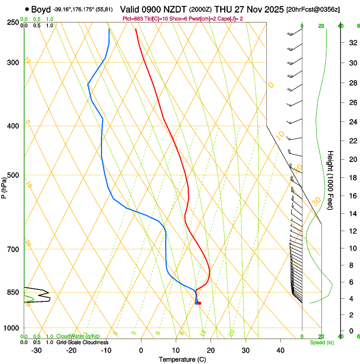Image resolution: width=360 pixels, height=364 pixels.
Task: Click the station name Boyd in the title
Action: tap(41, 9)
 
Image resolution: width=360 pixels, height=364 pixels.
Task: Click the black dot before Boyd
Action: tap(27, 9)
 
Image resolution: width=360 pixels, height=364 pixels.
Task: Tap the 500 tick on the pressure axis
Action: tap(14, 175)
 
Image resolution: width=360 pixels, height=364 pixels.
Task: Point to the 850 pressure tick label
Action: tap(14, 292)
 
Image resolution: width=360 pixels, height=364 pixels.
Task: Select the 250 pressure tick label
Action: tap(14, 22)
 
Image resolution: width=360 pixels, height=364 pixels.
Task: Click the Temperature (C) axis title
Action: tap(182, 359)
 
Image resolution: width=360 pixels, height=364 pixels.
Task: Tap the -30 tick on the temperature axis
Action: tap(36, 350)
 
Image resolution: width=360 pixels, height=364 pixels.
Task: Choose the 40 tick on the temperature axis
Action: tap(280, 350)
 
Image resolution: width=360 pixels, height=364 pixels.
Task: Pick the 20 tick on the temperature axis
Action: tap(210, 350)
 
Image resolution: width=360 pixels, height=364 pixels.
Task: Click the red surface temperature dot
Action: tap(199, 303)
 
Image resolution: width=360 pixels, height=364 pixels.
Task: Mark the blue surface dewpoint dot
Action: tap(196, 303)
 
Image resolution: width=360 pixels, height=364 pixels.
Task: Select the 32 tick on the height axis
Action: tap(352, 43)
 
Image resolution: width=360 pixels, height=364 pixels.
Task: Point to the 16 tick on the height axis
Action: tap(352, 196)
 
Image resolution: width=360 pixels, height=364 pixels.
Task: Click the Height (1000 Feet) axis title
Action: tap(331, 180)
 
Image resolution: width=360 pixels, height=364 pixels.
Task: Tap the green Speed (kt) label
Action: tap(321, 342)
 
